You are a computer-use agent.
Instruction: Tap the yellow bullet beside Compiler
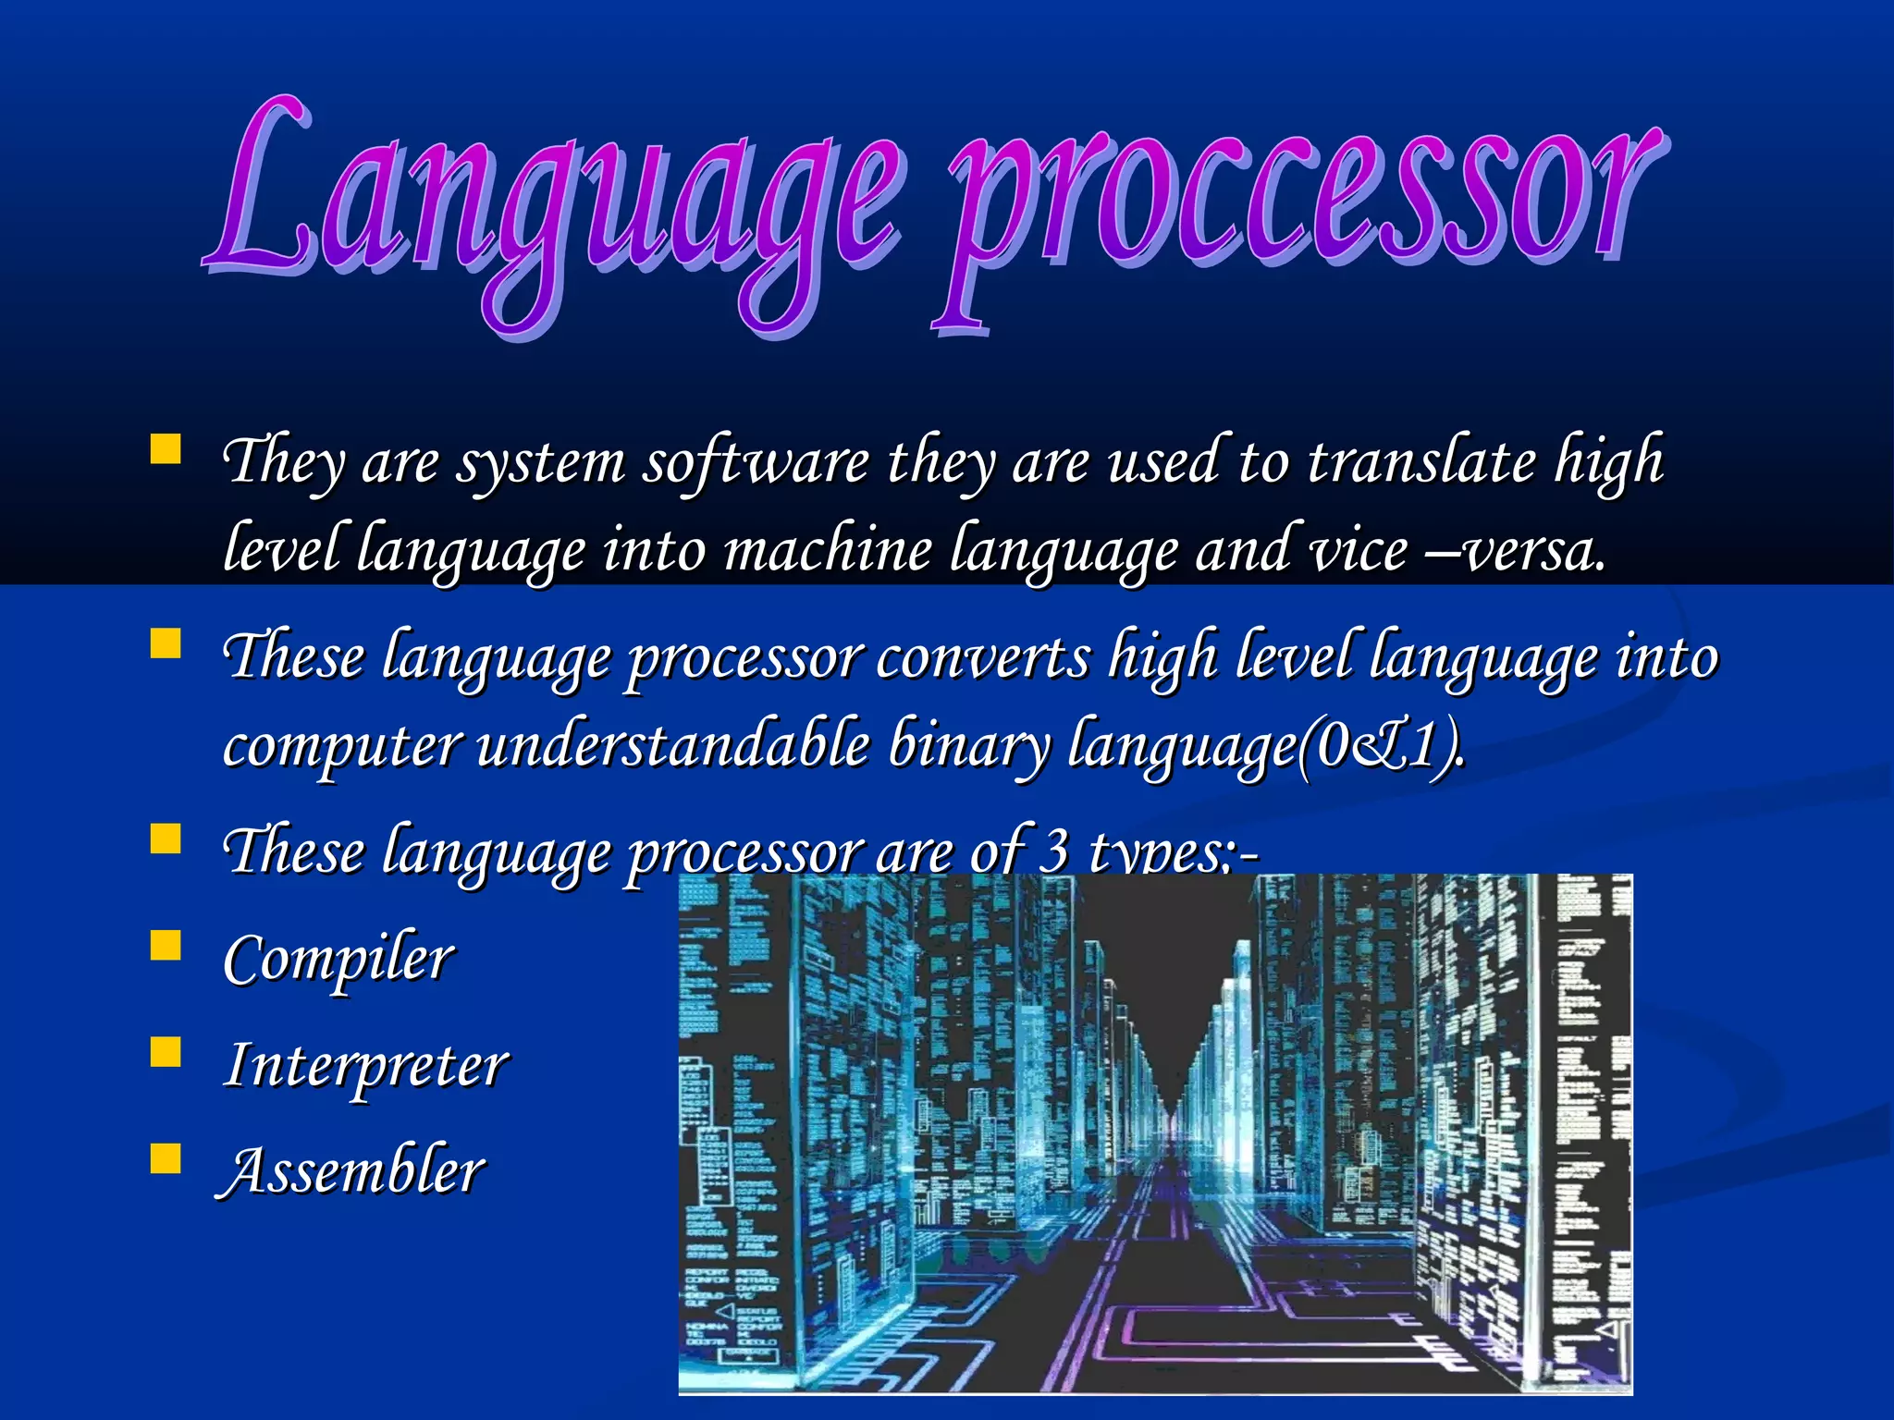(x=166, y=947)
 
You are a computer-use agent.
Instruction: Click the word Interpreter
(x=365, y=1064)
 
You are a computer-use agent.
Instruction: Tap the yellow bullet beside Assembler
(x=166, y=1157)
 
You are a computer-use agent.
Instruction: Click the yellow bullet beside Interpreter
(x=166, y=1052)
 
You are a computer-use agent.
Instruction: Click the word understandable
(x=673, y=745)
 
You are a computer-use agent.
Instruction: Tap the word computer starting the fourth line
(x=341, y=747)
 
